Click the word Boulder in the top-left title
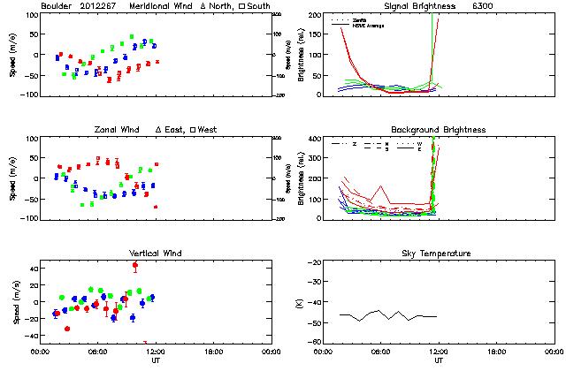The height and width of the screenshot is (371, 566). [x=57, y=6]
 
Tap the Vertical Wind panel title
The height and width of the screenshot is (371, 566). [x=155, y=254]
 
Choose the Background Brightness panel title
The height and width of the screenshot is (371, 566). [x=439, y=130]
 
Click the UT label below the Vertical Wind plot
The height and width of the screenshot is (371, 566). [x=155, y=361]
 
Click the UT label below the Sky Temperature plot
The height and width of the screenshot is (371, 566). [x=439, y=361]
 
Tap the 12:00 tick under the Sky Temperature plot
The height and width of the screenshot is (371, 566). [x=439, y=351]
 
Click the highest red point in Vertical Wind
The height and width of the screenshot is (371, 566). [x=135, y=265]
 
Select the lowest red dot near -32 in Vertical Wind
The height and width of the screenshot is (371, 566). [x=67, y=329]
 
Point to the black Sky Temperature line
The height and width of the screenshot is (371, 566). [x=389, y=314]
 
